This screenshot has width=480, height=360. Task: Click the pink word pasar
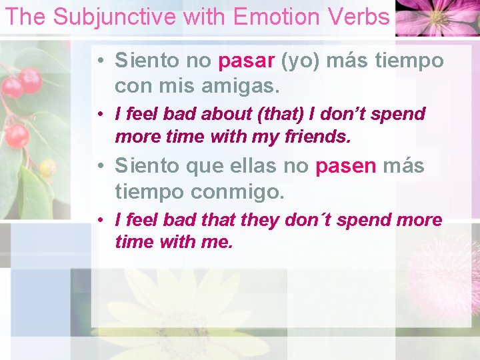(247, 61)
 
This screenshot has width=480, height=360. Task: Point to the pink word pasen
(346, 166)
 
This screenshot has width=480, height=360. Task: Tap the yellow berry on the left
(47, 168)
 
